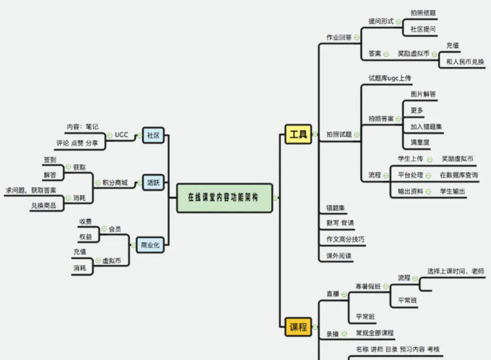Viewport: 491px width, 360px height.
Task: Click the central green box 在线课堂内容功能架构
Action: pyautogui.click(x=224, y=198)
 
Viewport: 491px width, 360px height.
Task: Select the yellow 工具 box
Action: pyautogui.click(x=298, y=134)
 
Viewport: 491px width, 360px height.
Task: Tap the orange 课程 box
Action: pyautogui.click(x=298, y=327)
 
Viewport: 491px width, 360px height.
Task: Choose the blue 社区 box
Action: pyautogui.click(x=153, y=135)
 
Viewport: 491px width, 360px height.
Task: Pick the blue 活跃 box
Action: pyautogui.click(x=153, y=183)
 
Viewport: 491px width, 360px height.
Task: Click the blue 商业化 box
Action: pyautogui.click(x=150, y=245)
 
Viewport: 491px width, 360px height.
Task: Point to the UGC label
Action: pyautogui.click(x=121, y=135)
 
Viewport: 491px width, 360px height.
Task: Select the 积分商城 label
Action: pyautogui.click(x=115, y=183)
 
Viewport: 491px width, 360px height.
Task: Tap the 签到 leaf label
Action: pyautogui.click(x=50, y=159)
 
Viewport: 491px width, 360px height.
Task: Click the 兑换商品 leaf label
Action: pyautogui.click(x=44, y=206)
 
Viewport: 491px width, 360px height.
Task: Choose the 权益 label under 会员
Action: pyautogui.click(x=86, y=237)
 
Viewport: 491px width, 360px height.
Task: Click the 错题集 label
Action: pyautogui.click(x=336, y=208)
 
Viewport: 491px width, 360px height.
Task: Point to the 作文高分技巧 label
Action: pyautogui.click(x=345, y=239)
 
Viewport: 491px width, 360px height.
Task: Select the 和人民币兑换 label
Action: pyautogui.click(x=465, y=62)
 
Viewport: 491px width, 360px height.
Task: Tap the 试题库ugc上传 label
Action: pyautogui.click(x=390, y=78)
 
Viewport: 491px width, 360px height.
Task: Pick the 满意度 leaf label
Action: pyautogui.click(x=420, y=142)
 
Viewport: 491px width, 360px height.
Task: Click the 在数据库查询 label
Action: pyautogui.click(x=459, y=175)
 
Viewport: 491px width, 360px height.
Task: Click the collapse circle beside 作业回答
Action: pyautogui.click(x=357, y=37)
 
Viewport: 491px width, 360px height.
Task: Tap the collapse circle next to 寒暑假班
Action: pyautogui.click(x=386, y=286)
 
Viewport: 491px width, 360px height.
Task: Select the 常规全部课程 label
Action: pyautogui.click(x=375, y=333)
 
